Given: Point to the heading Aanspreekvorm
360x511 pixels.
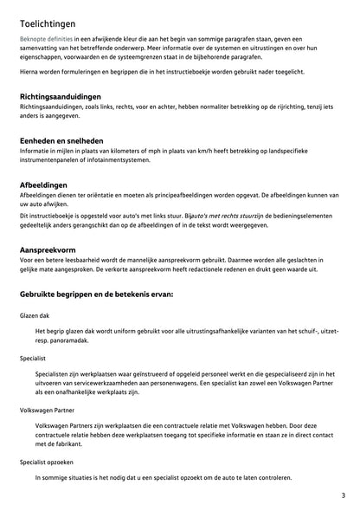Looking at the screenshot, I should [x=48, y=249].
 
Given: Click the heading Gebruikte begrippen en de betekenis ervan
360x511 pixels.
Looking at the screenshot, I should [x=97, y=294].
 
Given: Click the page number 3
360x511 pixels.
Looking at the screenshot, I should [x=343, y=495].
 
